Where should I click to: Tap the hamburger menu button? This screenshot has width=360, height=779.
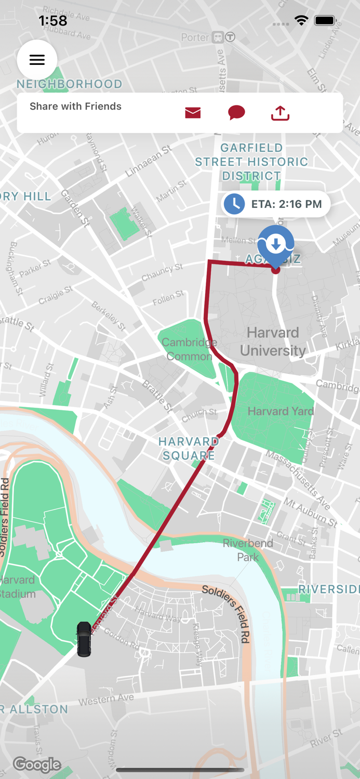coord(37,60)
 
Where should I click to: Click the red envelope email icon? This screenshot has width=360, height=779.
coord(193,113)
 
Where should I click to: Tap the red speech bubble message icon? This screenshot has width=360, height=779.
coord(236,113)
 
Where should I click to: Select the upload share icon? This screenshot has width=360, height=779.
coord(280,113)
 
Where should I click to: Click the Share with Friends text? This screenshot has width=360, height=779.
coord(75,106)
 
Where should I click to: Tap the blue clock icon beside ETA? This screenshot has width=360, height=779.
coord(234,204)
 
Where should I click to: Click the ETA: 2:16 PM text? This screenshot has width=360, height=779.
coord(286,204)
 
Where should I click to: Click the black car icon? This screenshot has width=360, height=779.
coord(84,639)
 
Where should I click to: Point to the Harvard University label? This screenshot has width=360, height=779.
coord(272,341)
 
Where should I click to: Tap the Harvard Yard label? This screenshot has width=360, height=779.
coord(281,411)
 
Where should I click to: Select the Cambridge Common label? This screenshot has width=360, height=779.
coord(189,350)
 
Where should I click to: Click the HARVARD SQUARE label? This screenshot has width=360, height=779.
coord(188,448)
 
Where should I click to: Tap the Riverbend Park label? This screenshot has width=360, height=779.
coord(248,550)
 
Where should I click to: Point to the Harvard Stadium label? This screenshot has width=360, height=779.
coord(18,586)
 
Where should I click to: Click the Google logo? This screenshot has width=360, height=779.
coord(37,764)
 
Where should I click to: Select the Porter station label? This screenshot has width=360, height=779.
coord(194,37)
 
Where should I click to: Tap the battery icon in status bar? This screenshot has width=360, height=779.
coord(325,21)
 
